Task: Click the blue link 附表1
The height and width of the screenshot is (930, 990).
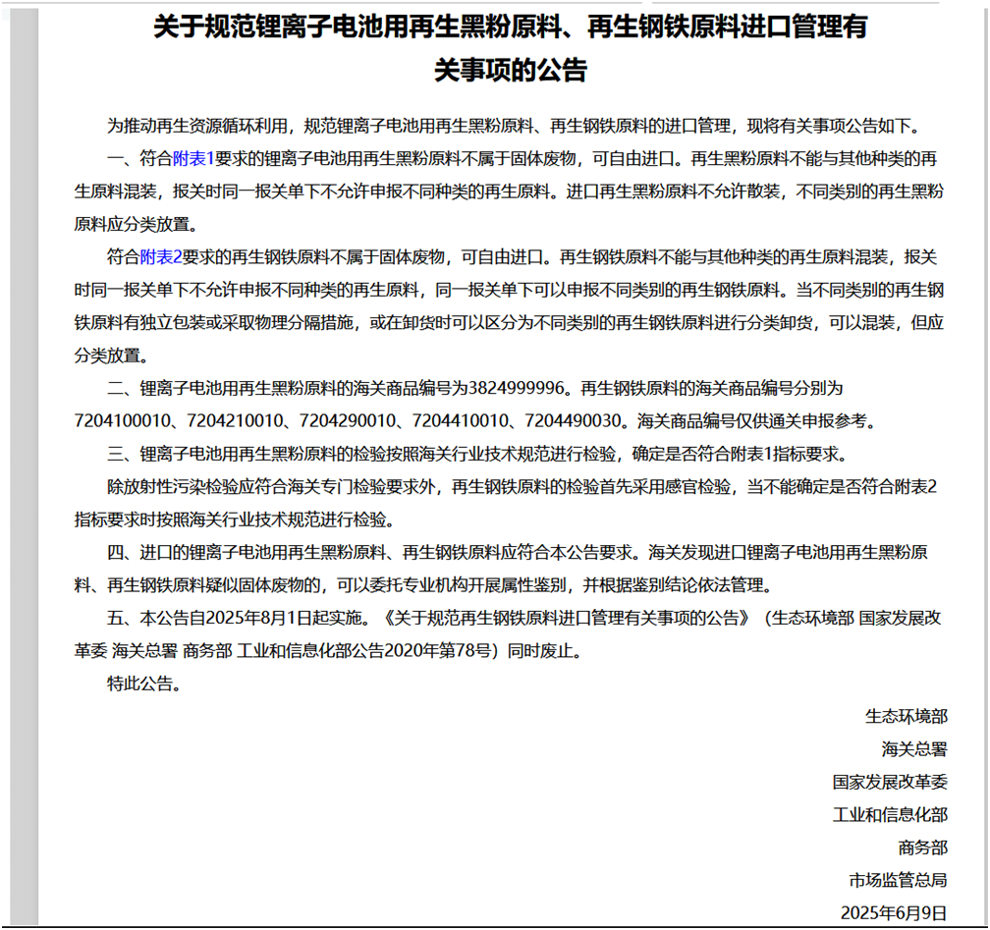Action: click(x=193, y=157)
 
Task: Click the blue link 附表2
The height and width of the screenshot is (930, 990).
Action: click(x=161, y=257)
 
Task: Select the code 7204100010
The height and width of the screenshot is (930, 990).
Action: click(x=121, y=421)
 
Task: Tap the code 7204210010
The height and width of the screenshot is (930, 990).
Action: click(x=234, y=421)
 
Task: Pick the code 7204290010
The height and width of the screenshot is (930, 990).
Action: click(x=347, y=421)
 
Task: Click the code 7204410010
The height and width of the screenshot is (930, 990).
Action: click(x=460, y=421)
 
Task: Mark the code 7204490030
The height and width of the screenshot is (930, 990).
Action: click(x=574, y=421)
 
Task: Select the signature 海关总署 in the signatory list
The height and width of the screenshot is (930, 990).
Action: click(x=914, y=749)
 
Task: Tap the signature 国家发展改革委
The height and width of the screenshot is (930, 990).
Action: click(x=890, y=783)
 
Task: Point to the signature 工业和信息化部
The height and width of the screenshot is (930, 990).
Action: click(x=890, y=815)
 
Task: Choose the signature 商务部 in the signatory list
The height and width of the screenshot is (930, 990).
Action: click(x=922, y=848)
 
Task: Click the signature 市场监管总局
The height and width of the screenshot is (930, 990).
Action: click(x=898, y=880)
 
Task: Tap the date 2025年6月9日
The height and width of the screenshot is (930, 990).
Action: click(x=894, y=913)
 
